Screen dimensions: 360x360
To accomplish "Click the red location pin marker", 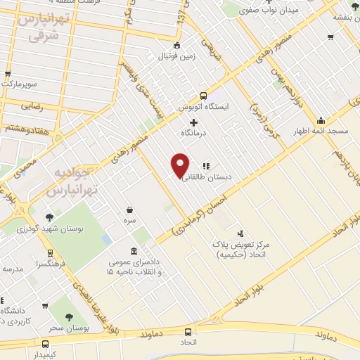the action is (x=180, y=165).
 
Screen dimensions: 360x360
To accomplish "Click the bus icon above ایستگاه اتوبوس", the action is (x=203, y=96).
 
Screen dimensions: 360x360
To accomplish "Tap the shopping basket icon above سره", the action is (x=130, y=209).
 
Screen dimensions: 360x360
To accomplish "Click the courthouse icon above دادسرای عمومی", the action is (x=134, y=252).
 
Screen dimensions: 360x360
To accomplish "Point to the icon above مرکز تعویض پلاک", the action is (x=241, y=233).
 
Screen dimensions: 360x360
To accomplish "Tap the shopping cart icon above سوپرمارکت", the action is (x=8, y=72).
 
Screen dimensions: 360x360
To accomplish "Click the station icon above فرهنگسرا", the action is (x=50, y=253).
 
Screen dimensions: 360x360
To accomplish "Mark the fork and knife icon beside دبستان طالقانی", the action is (x=206, y=166).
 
